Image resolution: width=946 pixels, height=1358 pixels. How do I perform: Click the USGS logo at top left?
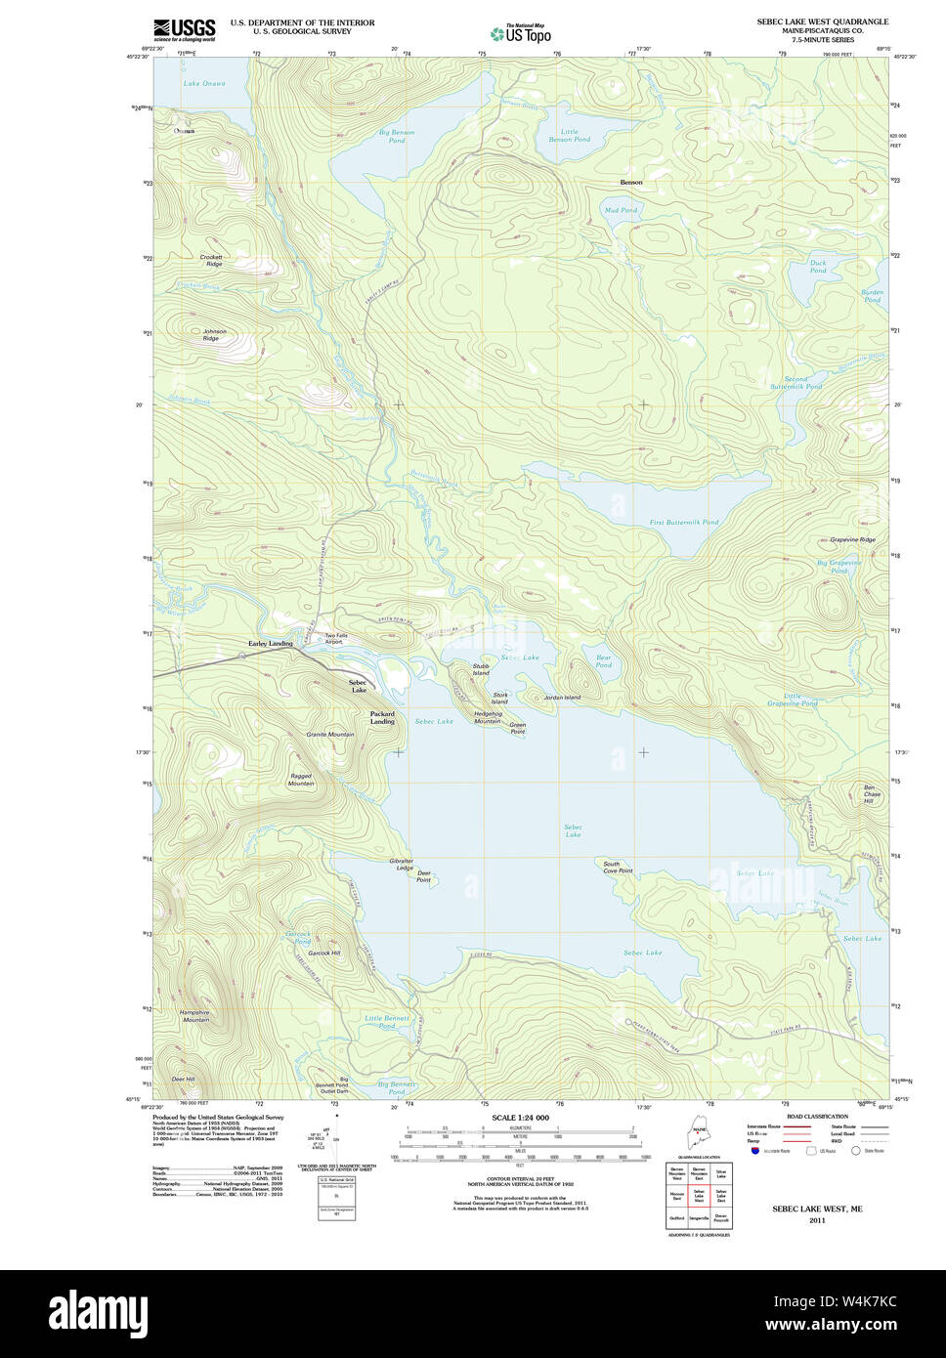[x=184, y=28]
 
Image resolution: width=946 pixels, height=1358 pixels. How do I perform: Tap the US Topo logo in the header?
[x=521, y=33]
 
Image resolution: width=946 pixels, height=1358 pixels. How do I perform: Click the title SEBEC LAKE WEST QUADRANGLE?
[x=822, y=21]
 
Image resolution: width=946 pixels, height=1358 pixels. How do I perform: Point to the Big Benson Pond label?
[x=397, y=136]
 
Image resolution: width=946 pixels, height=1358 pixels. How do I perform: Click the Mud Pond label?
[x=621, y=210]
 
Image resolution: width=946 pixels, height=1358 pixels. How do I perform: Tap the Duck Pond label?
[x=818, y=266]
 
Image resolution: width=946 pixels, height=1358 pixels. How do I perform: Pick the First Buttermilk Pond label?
[x=684, y=523]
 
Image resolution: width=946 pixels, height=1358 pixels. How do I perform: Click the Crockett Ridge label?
[x=212, y=261]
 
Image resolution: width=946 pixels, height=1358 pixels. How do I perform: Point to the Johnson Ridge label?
[x=214, y=334]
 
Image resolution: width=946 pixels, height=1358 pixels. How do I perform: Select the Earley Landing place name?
[x=270, y=644]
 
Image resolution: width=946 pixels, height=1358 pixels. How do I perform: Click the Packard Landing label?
[x=382, y=717]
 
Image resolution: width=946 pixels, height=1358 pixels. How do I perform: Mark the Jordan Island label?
[x=562, y=698]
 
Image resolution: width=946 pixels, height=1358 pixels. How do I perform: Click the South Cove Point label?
[x=618, y=867]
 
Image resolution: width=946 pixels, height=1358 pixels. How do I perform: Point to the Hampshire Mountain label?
[x=194, y=1016]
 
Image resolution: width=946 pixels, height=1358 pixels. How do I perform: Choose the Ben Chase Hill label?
[x=871, y=794]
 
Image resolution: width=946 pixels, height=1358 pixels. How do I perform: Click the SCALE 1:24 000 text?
[x=520, y=1118]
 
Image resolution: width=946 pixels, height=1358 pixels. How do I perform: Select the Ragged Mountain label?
[x=301, y=780]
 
